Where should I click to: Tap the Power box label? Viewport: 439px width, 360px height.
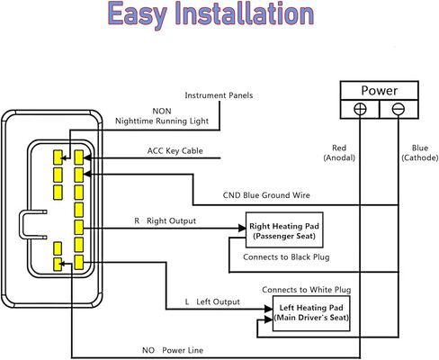pos(380,90)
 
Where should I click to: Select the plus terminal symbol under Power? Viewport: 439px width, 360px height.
pos(360,109)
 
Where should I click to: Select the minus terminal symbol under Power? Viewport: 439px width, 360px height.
pos(399,109)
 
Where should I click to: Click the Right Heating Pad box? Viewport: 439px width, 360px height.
pos(284,230)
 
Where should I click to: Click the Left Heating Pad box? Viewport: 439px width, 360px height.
pos(311,313)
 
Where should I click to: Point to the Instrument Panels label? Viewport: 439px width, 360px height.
pos(219,95)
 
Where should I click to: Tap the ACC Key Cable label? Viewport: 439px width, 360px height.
pos(175,151)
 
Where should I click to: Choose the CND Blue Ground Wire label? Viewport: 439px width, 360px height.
pos(266,195)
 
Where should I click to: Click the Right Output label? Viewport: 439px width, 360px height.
pos(166,221)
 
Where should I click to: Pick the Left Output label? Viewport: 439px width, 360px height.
pos(212,301)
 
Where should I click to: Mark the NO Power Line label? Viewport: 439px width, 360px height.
pos(173,350)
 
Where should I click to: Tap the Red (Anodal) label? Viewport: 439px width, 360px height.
pos(339,153)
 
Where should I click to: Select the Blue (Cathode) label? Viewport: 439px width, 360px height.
pos(420,153)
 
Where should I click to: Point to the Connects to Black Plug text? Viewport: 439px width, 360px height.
pos(286,257)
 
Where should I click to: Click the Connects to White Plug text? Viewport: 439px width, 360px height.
pos(307,290)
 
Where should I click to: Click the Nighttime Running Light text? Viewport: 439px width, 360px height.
pos(162,121)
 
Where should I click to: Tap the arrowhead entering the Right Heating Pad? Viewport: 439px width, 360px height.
pos(242,229)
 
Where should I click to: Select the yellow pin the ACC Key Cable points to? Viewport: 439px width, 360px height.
pos(79,157)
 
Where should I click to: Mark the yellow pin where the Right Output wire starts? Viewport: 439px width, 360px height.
pos(79,228)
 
